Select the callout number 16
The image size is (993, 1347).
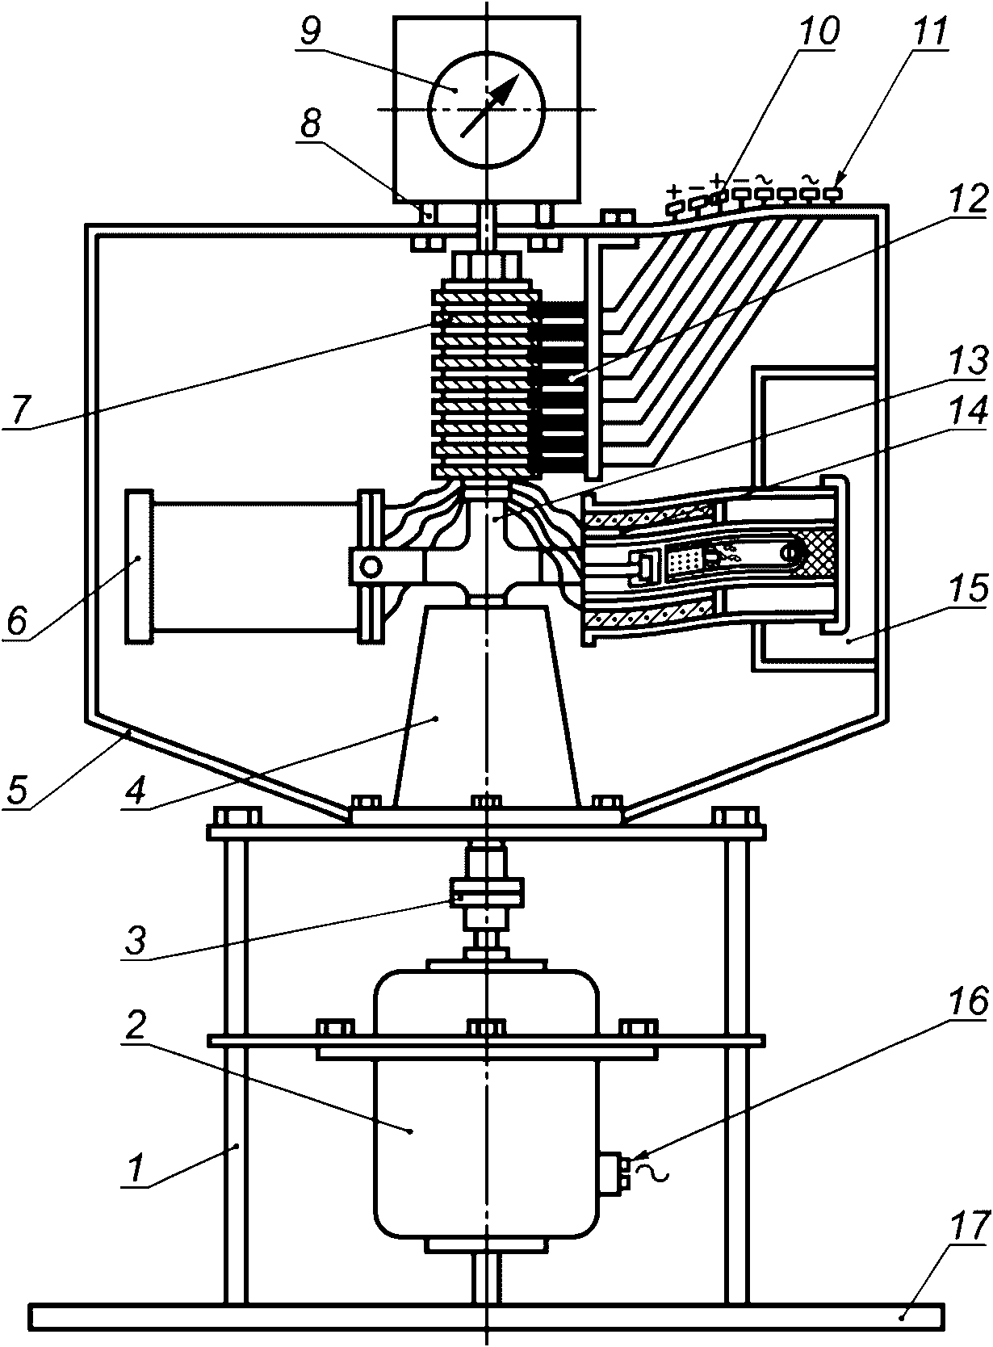pyautogui.click(x=966, y=1001)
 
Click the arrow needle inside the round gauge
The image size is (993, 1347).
pyautogui.click(x=488, y=105)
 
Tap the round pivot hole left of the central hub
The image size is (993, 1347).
pyautogui.click(x=371, y=566)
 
